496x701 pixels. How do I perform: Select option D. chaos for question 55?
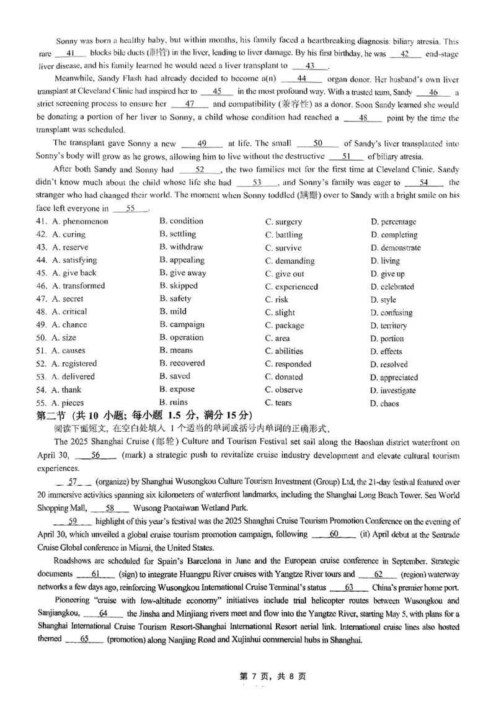pos(384,404)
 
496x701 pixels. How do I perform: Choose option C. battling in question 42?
pos(284,234)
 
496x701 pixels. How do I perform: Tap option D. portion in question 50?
pos(387,339)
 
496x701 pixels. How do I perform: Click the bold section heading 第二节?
pos(55,416)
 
